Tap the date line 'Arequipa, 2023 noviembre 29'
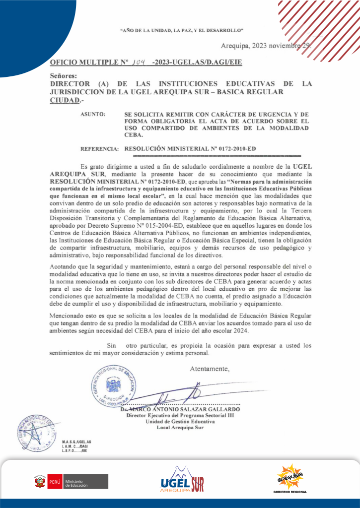pos(266,46)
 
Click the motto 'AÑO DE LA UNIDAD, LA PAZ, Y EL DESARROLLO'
pos(181,30)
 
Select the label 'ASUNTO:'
pos(93,115)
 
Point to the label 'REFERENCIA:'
pos(99,148)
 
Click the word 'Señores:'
pos(64,76)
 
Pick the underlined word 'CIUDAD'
pos(65,100)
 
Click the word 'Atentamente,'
pos(210,369)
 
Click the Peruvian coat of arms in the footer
pos(39,482)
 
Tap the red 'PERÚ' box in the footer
pos(54,482)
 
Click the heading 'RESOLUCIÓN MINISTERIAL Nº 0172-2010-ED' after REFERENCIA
pos(191,148)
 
